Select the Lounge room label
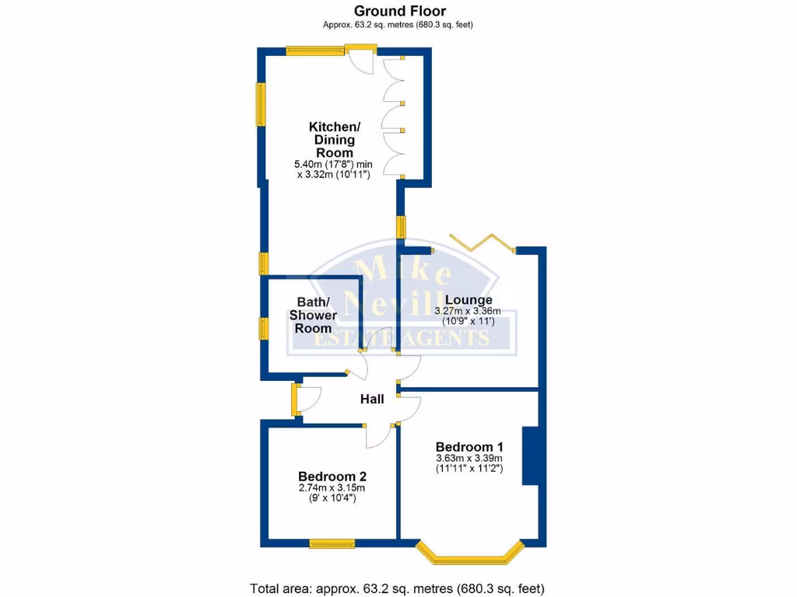point(468,299)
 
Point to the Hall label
point(372,400)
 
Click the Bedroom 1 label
point(469,447)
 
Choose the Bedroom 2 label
point(332,477)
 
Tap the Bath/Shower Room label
point(313,315)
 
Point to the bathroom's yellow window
point(263,329)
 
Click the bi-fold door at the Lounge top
point(483,243)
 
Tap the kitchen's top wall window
point(316,51)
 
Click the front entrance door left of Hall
point(296,400)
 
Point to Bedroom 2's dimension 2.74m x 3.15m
point(332,488)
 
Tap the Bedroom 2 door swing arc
point(379,438)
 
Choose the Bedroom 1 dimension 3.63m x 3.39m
point(469,459)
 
